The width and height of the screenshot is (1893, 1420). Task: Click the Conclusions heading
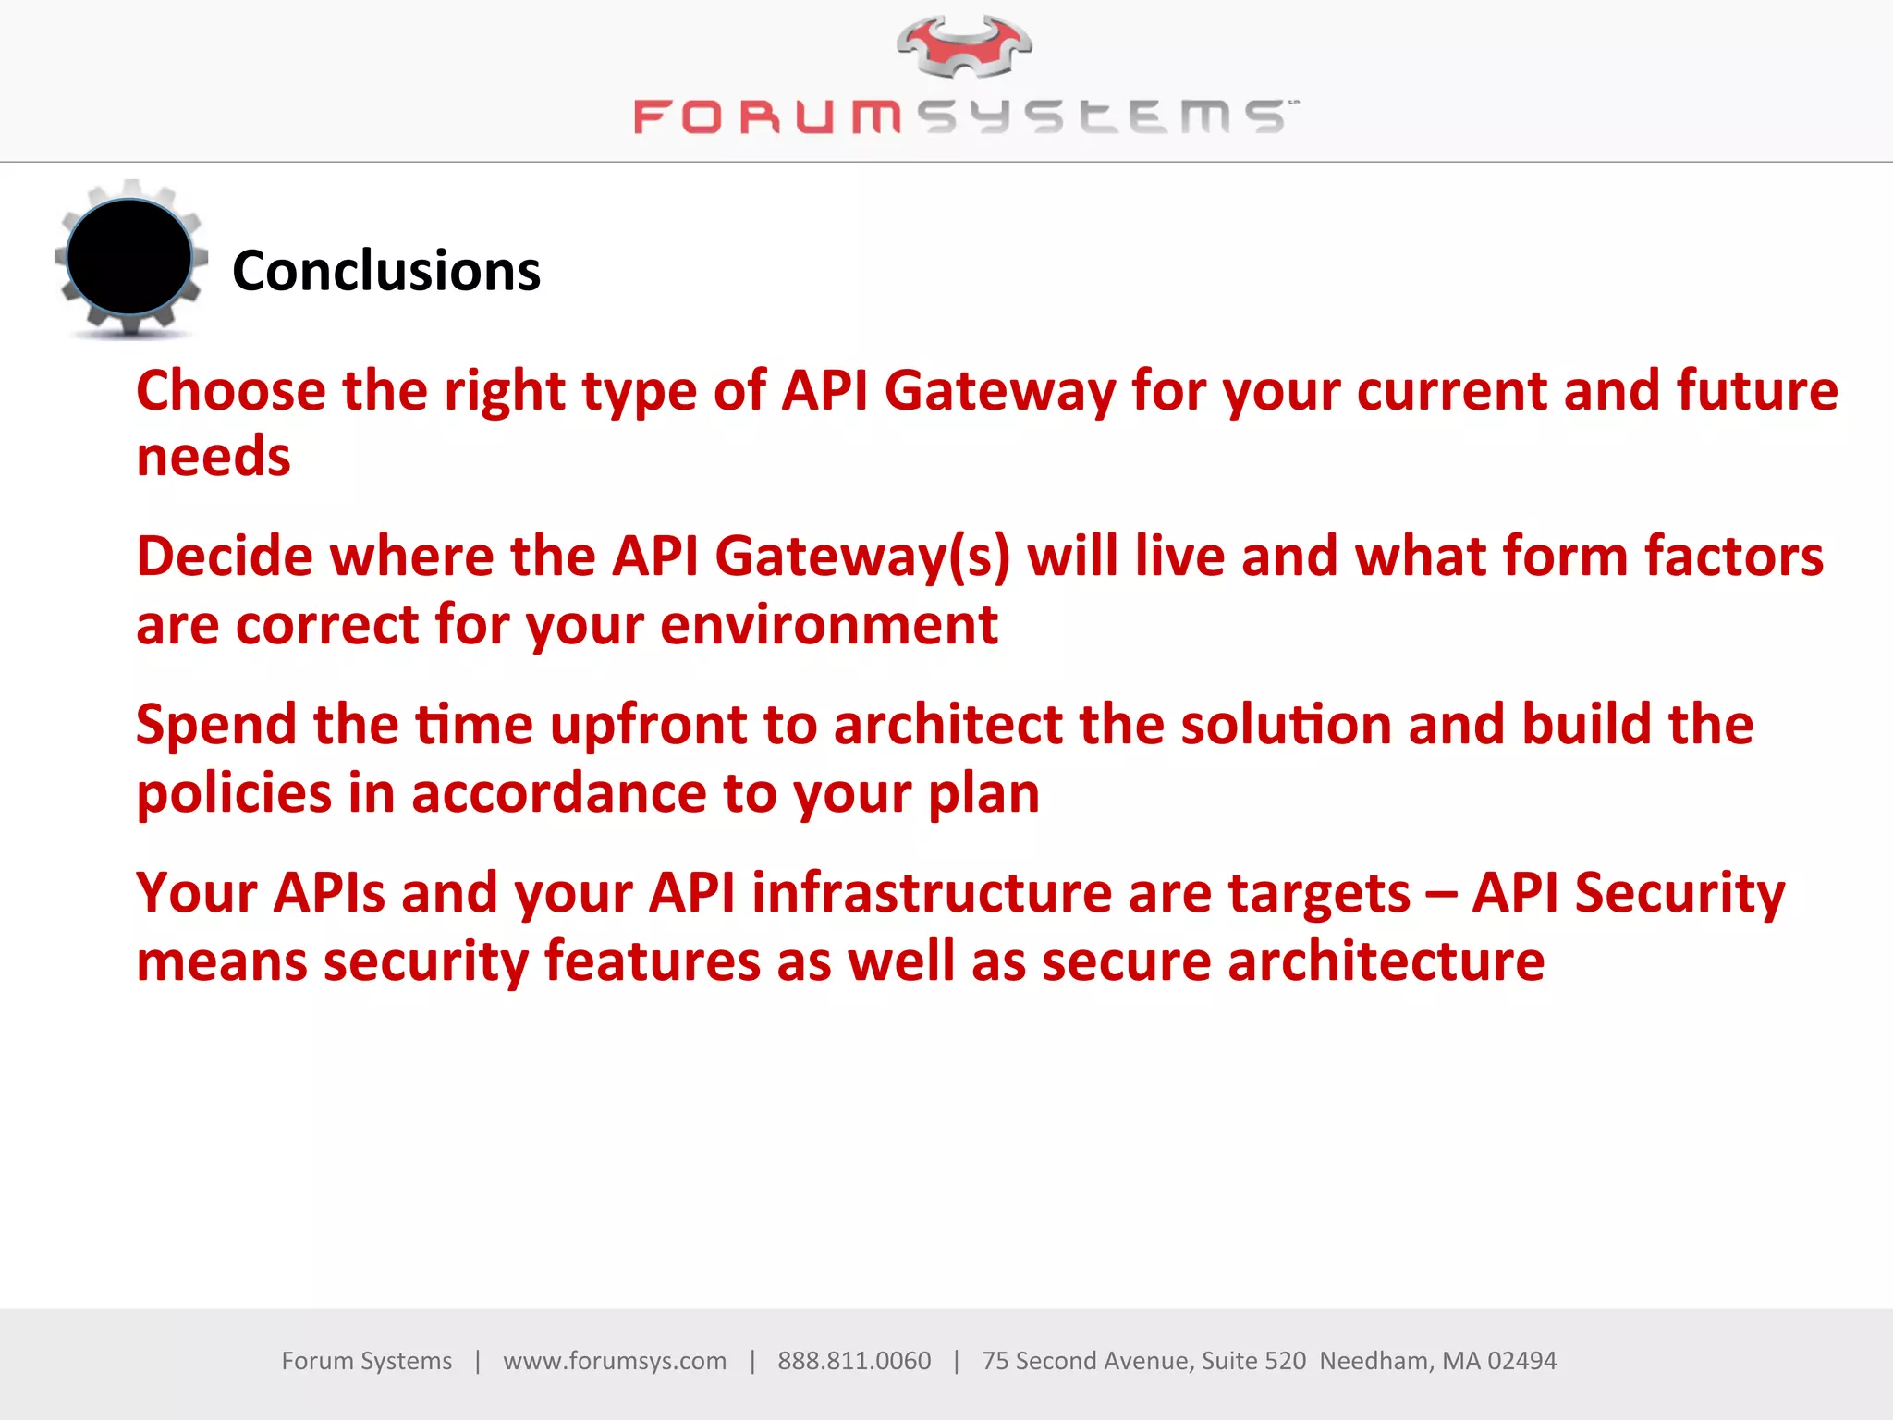pyautogui.click(x=386, y=271)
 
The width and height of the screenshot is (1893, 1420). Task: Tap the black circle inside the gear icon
pyautogui.click(x=129, y=257)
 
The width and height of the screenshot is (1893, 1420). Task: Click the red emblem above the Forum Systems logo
pyautogui.click(x=964, y=46)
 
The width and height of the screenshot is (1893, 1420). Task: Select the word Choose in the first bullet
pyautogui.click(x=231, y=391)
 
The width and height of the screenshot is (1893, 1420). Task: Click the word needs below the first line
pyautogui.click(x=214, y=458)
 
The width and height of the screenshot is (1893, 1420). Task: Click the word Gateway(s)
pyautogui.click(x=862, y=557)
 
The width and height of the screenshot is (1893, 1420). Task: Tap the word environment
pyautogui.click(x=829, y=626)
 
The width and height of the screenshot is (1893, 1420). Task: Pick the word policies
pyautogui.click(x=234, y=794)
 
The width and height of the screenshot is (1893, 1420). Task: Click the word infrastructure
pyautogui.click(x=932, y=894)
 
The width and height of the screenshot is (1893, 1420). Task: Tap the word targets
pyautogui.click(x=1319, y=894)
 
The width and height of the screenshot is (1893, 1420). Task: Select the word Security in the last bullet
pyautogui.click(x=1679, y=894)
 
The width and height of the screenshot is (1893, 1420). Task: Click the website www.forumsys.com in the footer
pyautogui.click(x=615, y=1361)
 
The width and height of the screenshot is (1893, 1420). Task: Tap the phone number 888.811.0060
pyautogui.click(x=854, y=1361)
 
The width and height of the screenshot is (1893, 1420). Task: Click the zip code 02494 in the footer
pyautogui.click(x=1521, y=1361)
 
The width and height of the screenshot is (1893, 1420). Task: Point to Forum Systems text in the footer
pyautogui.click(x=367, y=1361)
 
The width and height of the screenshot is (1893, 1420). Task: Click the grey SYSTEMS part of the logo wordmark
pyautogui.click(x=1105, y=117)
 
